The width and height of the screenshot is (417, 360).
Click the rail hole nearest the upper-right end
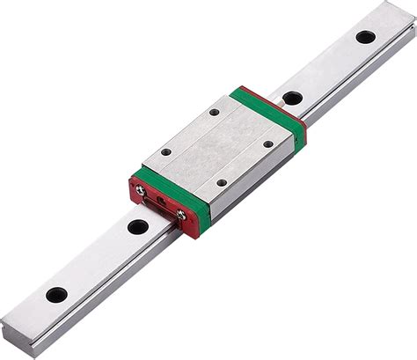point(365,37)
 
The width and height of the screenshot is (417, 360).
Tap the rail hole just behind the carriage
point(292,98)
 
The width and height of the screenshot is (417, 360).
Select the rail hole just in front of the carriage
point(137,226)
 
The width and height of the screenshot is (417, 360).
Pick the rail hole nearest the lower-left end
point(56,295)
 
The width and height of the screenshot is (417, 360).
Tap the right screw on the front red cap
point(181,214)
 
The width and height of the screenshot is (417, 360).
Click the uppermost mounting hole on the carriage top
point(215,113)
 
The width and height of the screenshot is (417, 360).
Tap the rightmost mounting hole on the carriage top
point(269,144)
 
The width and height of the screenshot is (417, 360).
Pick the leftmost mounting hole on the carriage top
point(167,151)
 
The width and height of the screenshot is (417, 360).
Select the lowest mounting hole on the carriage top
point(222,183)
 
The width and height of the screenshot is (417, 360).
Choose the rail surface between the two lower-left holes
point(97,261)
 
